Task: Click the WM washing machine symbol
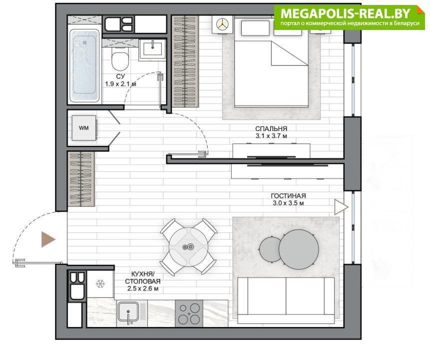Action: pyautogui.click(x=84, y=128)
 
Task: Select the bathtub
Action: pyautogui.click(x=84, y=65)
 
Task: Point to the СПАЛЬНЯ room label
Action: pyautogui.click(x=271, y=128)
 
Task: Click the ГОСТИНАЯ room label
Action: pyautogui.click(x=288, y=196)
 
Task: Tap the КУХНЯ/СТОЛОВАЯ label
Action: pyautogui.click(x=143, y=277)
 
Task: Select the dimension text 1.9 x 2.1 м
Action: pyautogui.click(x=120, y=84)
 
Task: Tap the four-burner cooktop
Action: pyautogui.click(x=189, y=313)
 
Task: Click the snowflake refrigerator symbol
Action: pyautogui.click(x=100, y=284)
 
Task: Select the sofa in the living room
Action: pyautogui.click(x=286, y=300)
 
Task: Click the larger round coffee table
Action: pyautogui.click(x=299, y=249)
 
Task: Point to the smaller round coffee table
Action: pyautogui.click(x=270, y=249)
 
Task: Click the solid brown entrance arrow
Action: pyautogui.click(x=47, y=239)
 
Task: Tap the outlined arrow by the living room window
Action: pyautogui.click(x=341, y=207)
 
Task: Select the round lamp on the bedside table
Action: pyautogui.click(x=222, y=24)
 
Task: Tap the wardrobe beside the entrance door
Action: pyautogui.click(x=81, y=178)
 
